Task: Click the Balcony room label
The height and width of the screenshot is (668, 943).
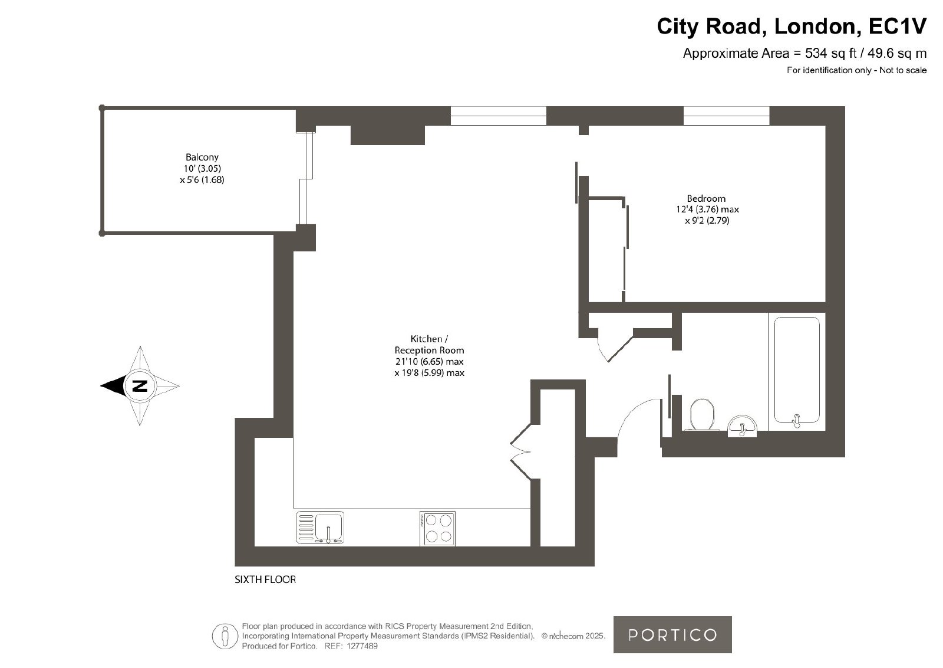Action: pyautogui.click(x=202, y=157)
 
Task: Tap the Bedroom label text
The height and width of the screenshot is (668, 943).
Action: pyautogui.click(x=706, y=198)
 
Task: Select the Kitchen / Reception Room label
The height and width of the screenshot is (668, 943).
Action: pyautogui.click(x=430, y=344)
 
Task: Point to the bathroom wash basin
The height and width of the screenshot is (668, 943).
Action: pyautogui.click(x=742, y=426)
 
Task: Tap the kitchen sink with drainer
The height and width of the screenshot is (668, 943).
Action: pyautogui.click(x=320, y=527)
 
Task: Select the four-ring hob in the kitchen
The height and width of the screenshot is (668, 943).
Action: pyautogui.click(x=437, y=529)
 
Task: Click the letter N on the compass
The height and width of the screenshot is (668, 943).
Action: pyautogui.click(x=140, y=385)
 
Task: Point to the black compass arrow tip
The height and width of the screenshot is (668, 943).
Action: pyautogui.click(x=101, y=385)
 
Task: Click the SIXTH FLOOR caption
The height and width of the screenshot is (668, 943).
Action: pyautogui.click(x=265, y=579)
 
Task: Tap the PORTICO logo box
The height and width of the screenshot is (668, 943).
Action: pyautogui.click(x=672, y=635)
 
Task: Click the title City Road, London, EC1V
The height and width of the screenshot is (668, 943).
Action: pyautogui.click(x=792, y=26)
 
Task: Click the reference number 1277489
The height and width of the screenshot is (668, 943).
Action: pyautogui.click(x=362, y=646)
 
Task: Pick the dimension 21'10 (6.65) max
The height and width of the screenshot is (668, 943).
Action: pyautogui.click(x=430, y=362)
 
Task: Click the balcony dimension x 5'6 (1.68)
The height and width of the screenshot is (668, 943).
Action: pyautogui.click(x=202, y=180)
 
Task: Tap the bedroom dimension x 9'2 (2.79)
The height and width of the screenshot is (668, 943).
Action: pyautogui.click(x=707, y=221)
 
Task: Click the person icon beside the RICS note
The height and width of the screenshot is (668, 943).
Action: pyautogui.click(x=225, y=636)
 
